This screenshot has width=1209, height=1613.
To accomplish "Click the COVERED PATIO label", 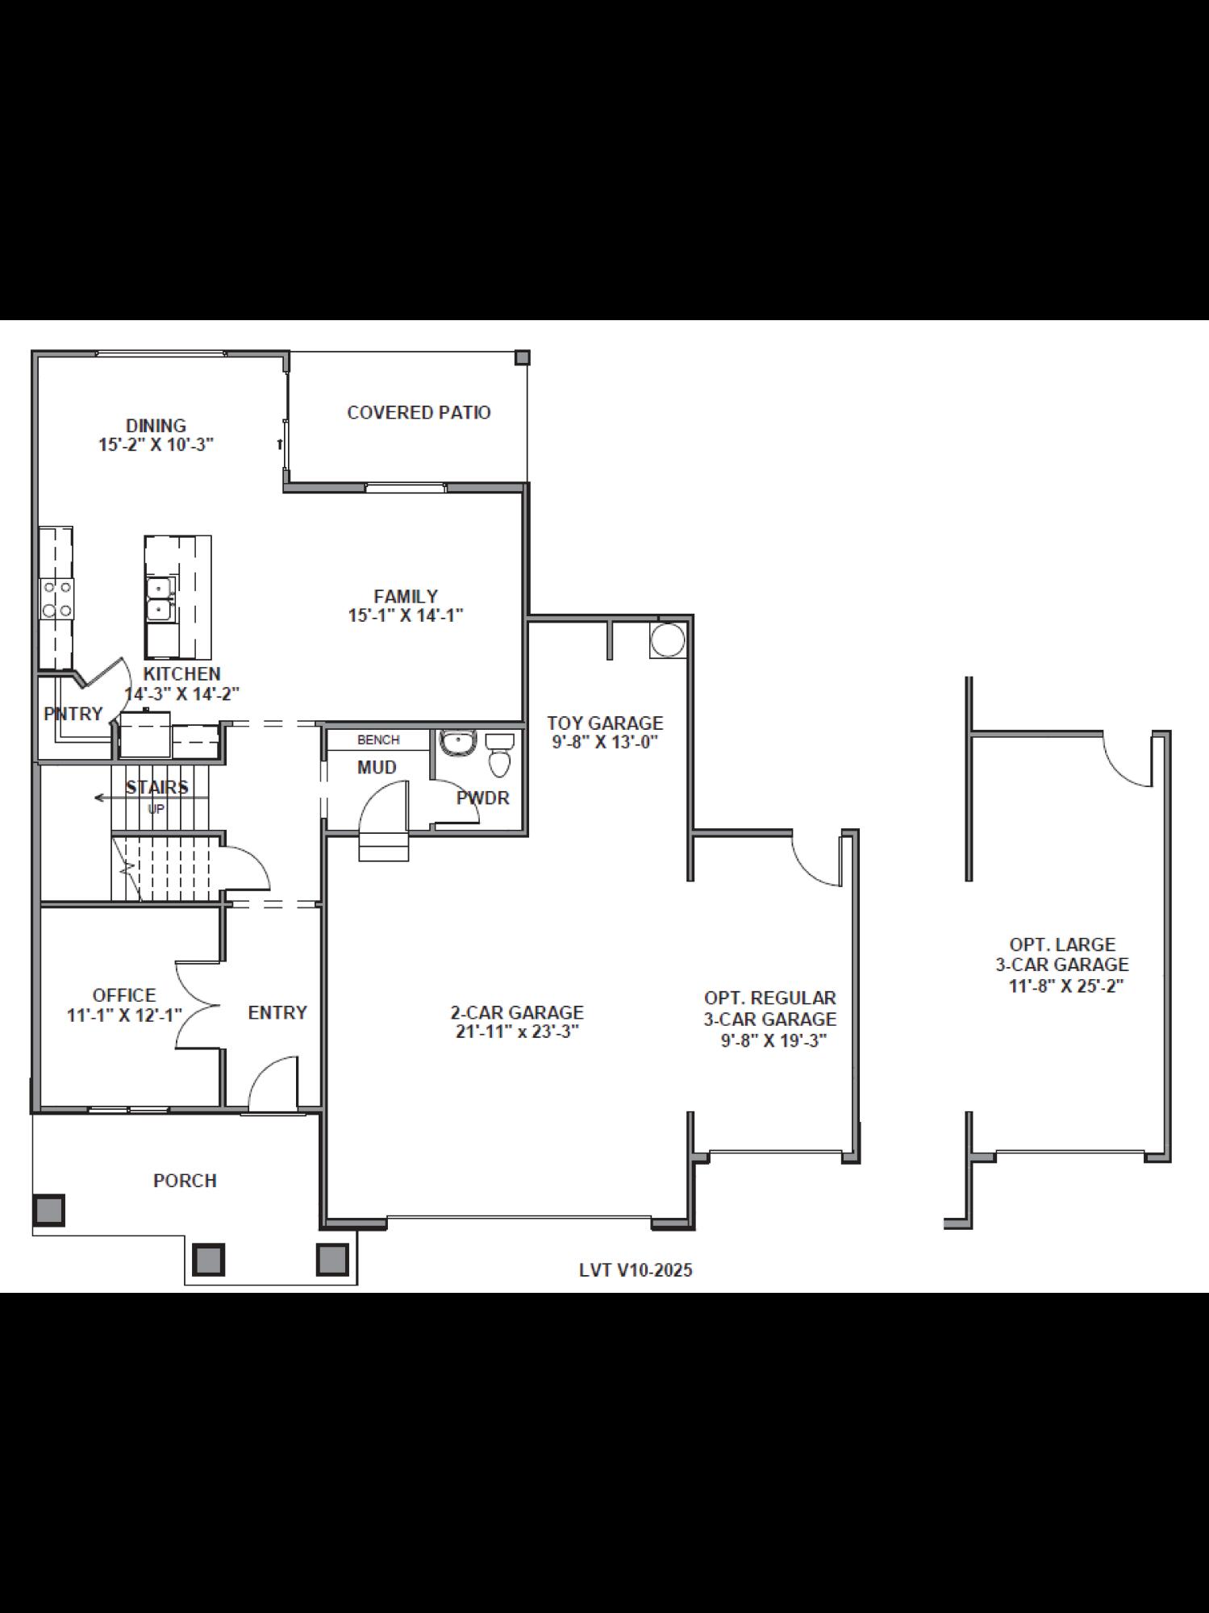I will coord(419,412).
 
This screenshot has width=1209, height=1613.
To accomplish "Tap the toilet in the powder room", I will coord(500,753).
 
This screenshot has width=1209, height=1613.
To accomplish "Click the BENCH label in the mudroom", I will coord(378,740).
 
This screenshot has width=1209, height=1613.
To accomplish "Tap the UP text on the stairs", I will coord(156,808).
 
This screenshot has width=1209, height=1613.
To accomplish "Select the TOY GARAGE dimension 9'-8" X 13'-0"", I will coord(605,743).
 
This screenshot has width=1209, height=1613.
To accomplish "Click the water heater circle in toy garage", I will coord(667,640).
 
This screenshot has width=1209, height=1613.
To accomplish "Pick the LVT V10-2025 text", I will coord(636,1270).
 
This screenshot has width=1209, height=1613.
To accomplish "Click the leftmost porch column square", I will coord(48,1210).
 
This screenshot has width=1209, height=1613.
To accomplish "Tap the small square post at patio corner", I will coord(522,357).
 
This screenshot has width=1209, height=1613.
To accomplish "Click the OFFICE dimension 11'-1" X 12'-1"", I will coord(124,1015).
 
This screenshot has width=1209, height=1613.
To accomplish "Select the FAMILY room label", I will coord(406,596).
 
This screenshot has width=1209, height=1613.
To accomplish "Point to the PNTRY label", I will coord(73,713).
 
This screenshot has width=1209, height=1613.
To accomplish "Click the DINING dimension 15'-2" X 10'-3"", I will coord(156,444).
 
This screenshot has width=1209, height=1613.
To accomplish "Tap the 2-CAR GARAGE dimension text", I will coord(517,1032).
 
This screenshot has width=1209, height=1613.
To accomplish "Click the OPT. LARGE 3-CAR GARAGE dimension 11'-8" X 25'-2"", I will coord(1065,986).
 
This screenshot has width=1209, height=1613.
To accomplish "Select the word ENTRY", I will coord(277,1012).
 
